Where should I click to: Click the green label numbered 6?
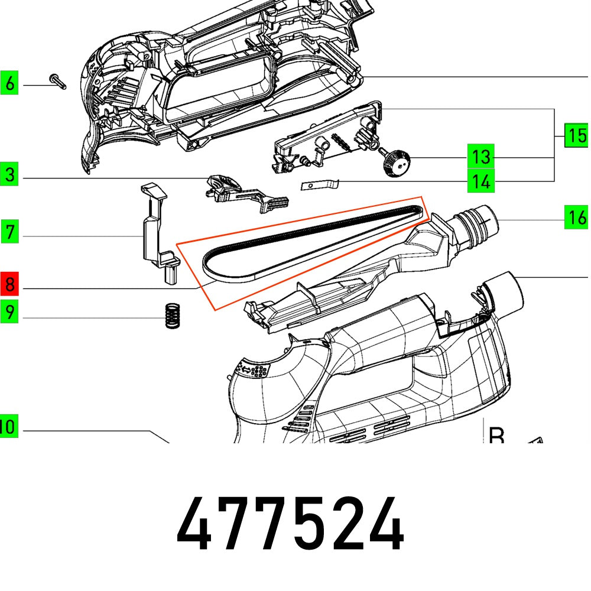[9, 84]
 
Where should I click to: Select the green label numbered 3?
[9, 176]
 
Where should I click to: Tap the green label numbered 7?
[9, 232]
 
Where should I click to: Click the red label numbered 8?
[9, 286]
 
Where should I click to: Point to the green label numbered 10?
[8, 426]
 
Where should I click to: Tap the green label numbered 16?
[576, 217]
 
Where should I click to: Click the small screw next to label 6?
[59, 82]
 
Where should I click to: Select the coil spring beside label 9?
[171, 316]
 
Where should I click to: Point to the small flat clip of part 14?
[320, 186]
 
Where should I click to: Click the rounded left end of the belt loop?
[210, 263]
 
